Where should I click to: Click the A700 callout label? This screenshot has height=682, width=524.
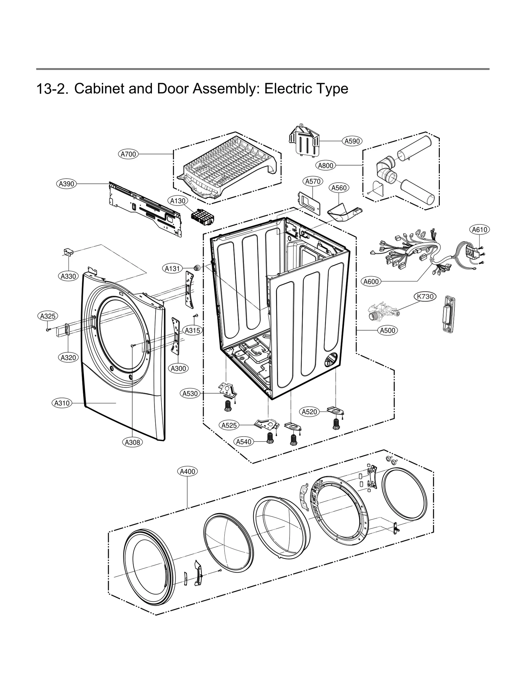[x=128, y=154]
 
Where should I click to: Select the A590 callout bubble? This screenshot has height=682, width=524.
[x=352, y=141]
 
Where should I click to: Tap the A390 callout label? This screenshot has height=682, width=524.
[x=66, y=184]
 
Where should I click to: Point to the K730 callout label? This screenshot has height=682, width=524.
[x=425, y=296]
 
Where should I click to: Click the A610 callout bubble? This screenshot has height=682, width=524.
[x=479, y=230]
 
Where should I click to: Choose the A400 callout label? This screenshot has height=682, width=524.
[x=188, y=472]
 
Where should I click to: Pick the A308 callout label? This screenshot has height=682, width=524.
[x=133, y=442]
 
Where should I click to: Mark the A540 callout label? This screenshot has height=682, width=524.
[x=244, y=442]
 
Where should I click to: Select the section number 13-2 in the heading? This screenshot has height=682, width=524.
[x=52, y=89]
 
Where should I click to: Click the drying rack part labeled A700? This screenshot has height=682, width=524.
[x=226, y=167]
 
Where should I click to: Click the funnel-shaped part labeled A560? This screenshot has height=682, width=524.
[x=341, y=212]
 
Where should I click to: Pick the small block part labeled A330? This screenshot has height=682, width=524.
[x=68, y=252]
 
